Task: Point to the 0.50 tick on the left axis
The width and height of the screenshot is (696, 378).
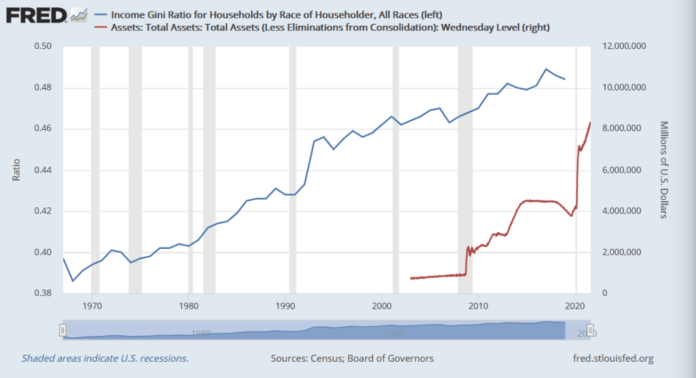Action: coord(43,47)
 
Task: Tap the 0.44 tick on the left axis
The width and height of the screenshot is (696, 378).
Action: coord(43,170)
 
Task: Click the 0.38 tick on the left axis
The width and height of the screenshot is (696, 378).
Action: coord(43,294)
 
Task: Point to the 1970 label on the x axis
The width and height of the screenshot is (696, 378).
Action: coord(92,304)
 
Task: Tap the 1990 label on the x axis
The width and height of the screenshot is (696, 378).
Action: coord(285,304)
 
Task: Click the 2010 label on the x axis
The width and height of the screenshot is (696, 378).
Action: coord(478,304)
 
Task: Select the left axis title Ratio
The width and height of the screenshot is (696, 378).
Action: coord(16,170)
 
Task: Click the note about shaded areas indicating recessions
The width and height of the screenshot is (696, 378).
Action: coord(105,358)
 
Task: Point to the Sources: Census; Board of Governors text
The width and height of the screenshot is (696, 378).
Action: coord(351,358)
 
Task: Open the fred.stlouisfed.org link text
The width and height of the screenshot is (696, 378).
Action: coord(608,358)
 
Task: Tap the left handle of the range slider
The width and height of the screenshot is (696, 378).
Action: coord(63,330)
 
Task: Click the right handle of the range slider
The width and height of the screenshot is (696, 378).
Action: coord(591,330)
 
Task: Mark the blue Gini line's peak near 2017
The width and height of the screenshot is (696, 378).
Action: coord(546,69)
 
